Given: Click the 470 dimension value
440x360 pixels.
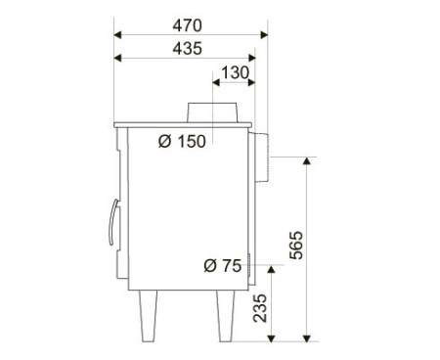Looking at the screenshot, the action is click(x=187, y=25).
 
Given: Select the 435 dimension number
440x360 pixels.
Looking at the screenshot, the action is click(x=187, y=49).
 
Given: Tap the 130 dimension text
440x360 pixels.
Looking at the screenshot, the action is click(x=235, y=72).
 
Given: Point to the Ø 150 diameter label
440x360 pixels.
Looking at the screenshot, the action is click(x=182, y=142).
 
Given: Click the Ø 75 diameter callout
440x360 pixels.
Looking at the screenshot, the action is click(x=222, y=265).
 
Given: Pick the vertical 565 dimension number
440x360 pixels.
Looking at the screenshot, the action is click(x=296, y=246).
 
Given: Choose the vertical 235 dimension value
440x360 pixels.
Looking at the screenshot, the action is click(x=260, y=308).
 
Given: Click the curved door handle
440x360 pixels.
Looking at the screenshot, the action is click(x=112, y=222).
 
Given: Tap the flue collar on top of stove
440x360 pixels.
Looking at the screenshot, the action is click(x=212, y=112).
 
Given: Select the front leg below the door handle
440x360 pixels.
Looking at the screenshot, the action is click(x=148, y=316).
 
